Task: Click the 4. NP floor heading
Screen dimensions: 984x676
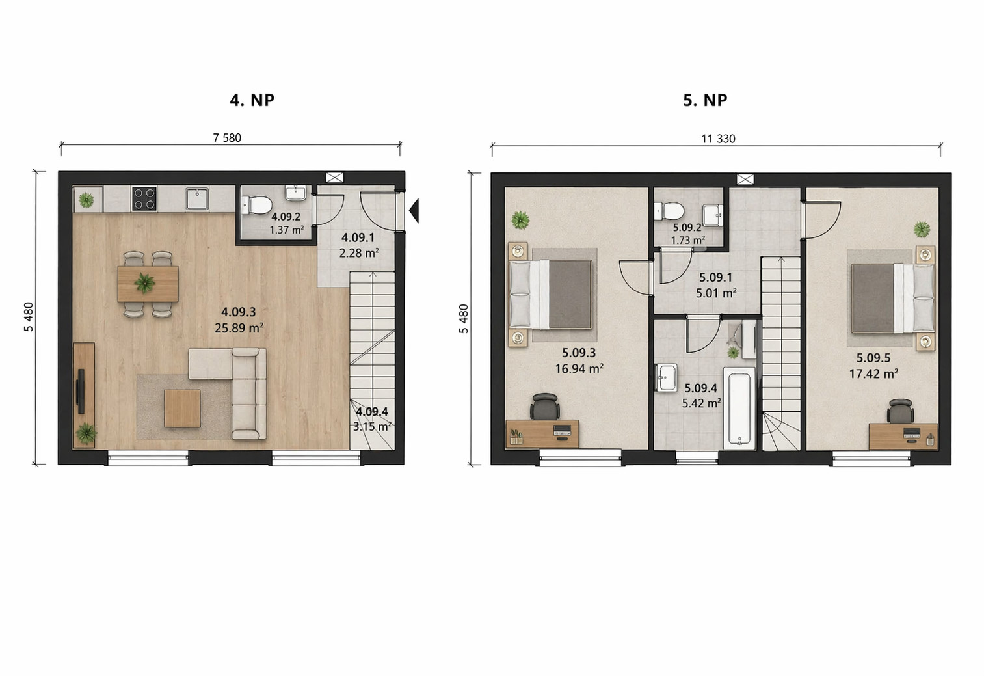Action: click(252, 100)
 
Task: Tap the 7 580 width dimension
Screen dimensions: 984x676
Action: click(227, 138)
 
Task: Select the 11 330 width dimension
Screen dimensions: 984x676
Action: click(718, 139)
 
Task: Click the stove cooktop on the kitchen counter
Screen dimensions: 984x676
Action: click(144, 198)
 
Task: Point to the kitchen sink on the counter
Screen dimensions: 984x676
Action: click(198, 198)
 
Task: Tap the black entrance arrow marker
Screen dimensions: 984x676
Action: click(414, 211)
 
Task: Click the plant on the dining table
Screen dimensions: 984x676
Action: click(144, 282)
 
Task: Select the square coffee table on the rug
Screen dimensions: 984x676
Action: click(182, 409)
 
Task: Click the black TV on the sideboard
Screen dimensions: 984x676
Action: click(81, 392)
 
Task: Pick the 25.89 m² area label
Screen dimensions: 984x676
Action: click(239, 328)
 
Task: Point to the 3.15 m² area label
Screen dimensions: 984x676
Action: click(372, 426)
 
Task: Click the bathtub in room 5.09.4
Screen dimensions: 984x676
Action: click(739, 409)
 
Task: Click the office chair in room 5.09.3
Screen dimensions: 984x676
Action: click(545, 407)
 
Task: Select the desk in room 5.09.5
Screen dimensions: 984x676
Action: click(903, 436)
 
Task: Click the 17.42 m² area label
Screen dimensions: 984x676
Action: click(873, 374)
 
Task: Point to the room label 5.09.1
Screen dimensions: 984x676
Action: click(715, 277)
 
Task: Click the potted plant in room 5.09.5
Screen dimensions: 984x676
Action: click(922, 229)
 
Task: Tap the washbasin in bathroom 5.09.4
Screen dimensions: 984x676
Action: click(667, 377)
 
